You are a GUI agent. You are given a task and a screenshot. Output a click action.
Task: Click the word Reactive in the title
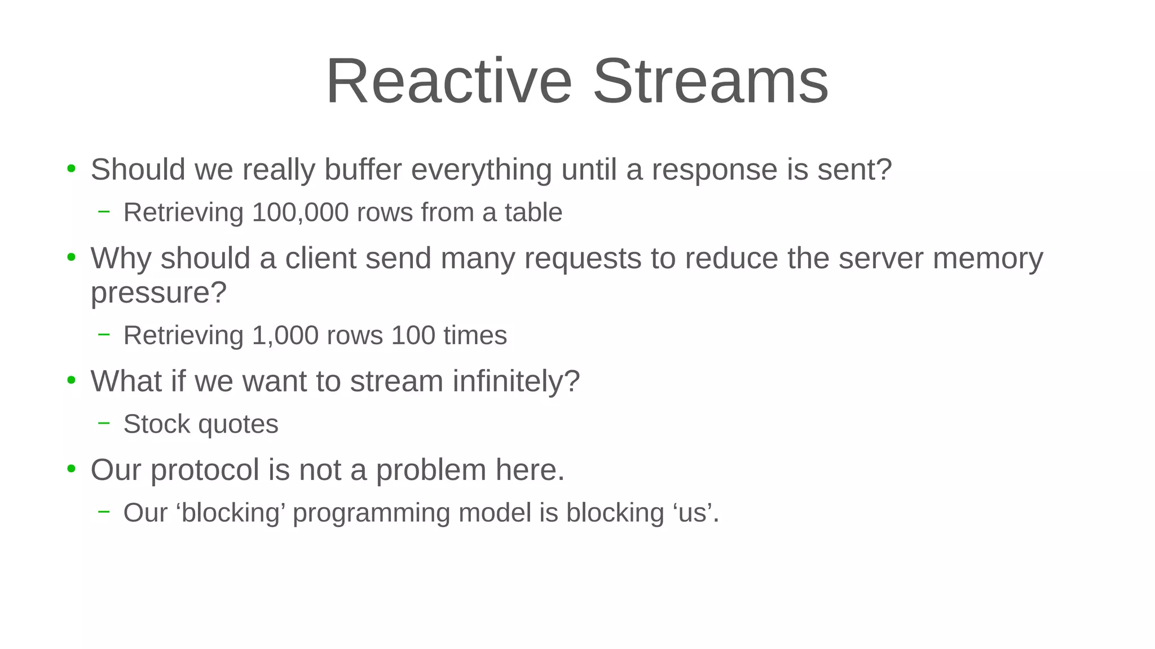click(449, 81)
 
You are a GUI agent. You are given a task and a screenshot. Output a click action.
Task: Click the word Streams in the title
click(711, 81)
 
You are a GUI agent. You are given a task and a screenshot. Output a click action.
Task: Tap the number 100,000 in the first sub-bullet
click(300, 213)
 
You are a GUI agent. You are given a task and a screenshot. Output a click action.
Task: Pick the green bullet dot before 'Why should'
click(71, 257)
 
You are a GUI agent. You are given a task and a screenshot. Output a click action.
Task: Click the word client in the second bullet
click(320, 259)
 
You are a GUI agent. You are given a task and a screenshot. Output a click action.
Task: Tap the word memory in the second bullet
click(988, 259)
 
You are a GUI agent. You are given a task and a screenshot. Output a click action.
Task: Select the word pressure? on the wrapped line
click(158, 293)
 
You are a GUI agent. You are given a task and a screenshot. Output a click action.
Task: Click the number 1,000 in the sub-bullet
click(285, 336)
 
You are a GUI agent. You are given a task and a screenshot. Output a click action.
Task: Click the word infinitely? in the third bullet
click(516, 381)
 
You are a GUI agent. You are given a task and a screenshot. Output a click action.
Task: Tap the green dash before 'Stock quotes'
click(104, 423)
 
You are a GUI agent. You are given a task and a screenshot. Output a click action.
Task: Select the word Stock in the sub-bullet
click(156, 424)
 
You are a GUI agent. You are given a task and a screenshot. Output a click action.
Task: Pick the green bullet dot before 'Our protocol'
click(71, 469)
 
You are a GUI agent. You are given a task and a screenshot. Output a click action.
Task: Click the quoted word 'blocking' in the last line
click(231, 513)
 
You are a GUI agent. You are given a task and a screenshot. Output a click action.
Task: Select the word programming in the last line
click(371, 513)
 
